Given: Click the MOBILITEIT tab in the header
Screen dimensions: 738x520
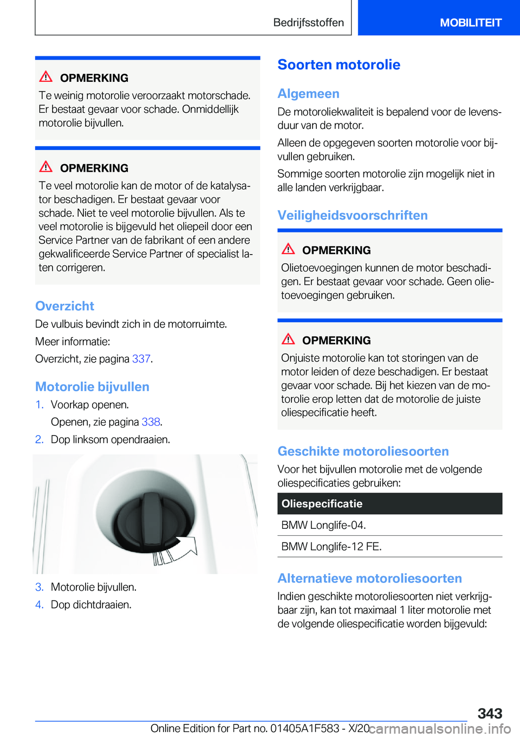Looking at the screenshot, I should (470, 23).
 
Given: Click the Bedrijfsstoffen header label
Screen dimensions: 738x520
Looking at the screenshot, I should (308, 23).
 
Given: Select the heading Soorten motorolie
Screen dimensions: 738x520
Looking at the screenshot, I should (339, 65).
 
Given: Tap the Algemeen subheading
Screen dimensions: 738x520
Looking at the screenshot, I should (308, 94).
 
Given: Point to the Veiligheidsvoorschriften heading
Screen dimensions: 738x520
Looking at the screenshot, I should (352, 215).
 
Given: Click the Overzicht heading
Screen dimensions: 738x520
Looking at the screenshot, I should (64, 306).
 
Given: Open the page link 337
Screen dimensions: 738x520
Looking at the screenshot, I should (141, 359).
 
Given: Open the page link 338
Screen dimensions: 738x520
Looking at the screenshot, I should (151, 422).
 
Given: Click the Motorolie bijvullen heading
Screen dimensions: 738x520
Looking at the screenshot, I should (92, 387).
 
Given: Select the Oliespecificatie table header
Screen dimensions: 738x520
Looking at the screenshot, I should (389, 503).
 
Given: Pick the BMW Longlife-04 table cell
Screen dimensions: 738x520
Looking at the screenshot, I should (323, 525).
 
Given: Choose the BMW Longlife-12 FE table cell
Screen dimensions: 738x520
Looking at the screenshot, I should (331, 546).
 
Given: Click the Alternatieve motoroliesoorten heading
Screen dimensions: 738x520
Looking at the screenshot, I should (369, 578).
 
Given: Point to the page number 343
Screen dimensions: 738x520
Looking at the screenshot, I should (490, 713).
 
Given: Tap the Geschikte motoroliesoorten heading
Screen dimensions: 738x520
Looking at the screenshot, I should (363, 451).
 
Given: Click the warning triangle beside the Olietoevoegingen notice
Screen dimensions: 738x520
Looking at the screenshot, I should (288, 249).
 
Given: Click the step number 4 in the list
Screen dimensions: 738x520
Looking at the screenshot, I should (39, 605).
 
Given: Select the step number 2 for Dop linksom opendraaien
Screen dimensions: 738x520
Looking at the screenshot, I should (39, 439).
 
